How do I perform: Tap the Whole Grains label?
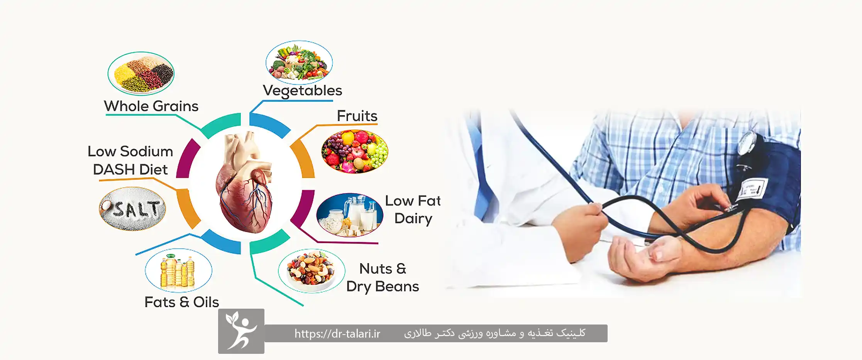(151, 106)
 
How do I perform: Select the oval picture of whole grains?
(141, 73)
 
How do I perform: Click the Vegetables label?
(302, 91)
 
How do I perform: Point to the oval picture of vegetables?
(299, 63)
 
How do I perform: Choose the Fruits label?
(357, 116)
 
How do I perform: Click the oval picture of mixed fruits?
(355, 151)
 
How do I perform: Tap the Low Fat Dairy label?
(413, 210)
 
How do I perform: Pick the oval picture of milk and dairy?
(350, 215)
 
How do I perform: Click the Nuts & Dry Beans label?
(383, 277)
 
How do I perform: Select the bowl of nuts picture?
(312, 271)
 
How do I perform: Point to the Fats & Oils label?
(181, 302)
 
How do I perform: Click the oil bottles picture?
(178, 270)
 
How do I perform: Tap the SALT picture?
(132, 209)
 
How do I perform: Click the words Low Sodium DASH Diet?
(130, 161)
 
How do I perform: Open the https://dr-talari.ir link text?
(337, 334)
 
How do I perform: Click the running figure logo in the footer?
(241, 331)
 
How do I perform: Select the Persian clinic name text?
(495, 333)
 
